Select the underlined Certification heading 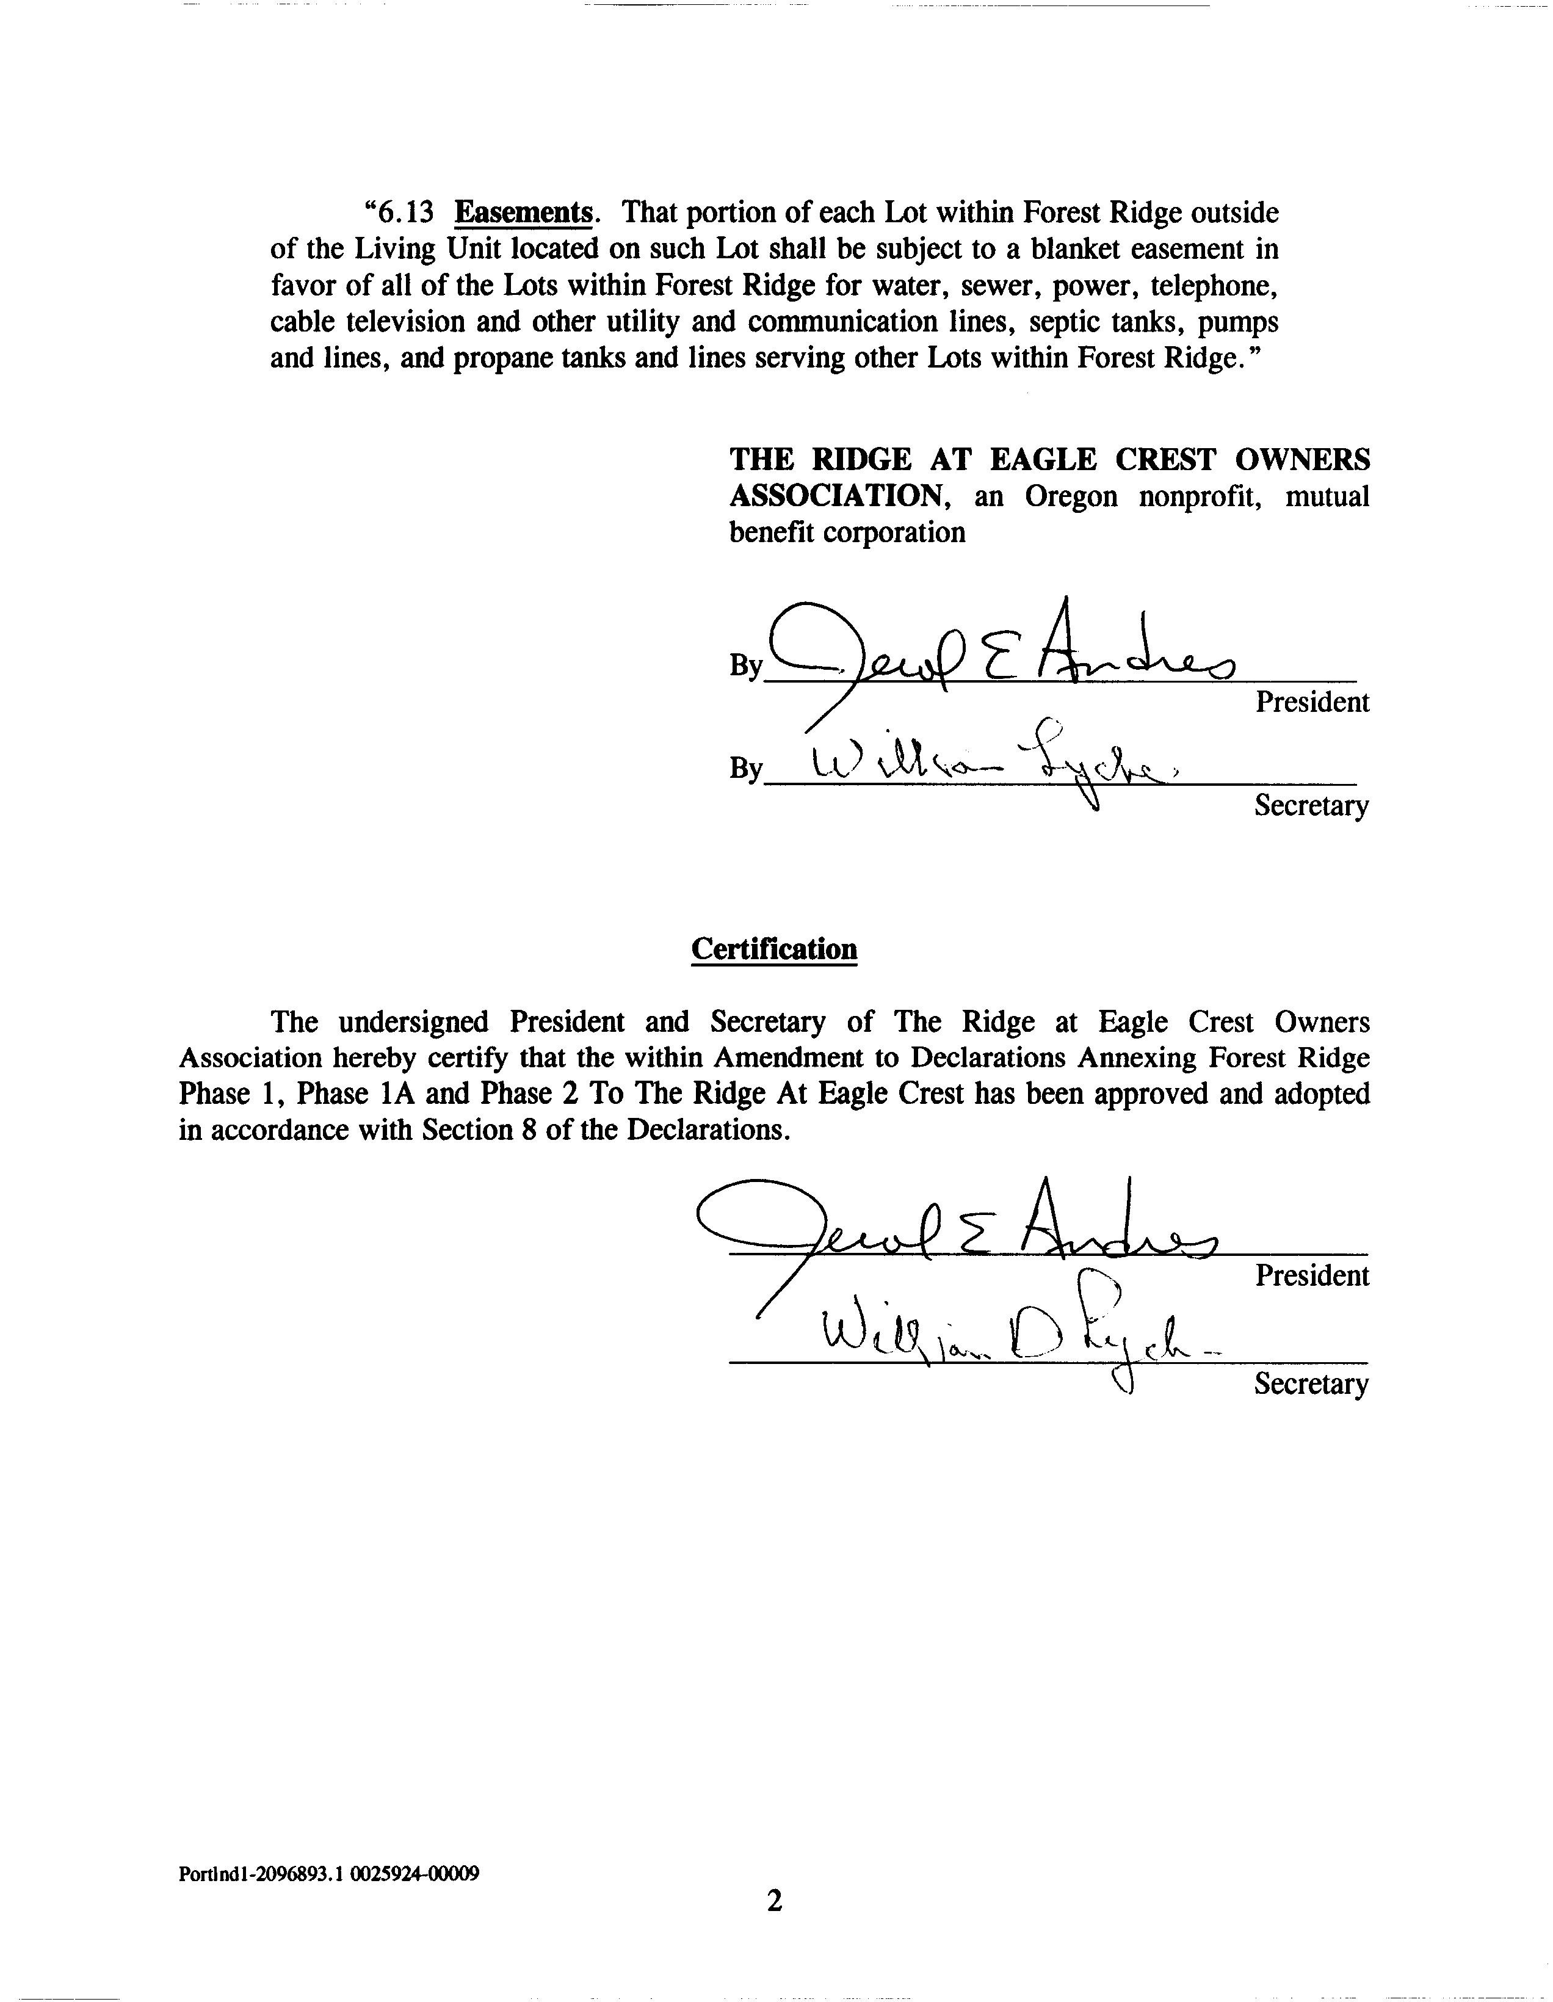pyautogui.click(x=773, y=949)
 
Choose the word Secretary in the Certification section pyautogui.click(x=1311, y=1384)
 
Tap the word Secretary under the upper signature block pyautogui.click(x=1311, y=806)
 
